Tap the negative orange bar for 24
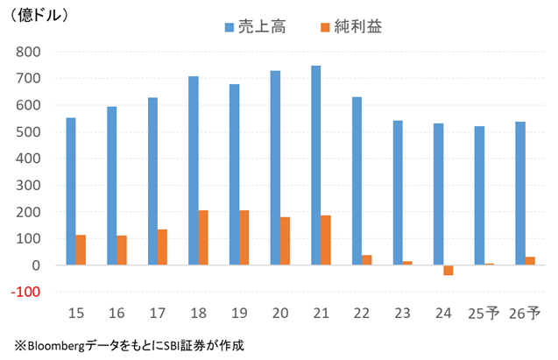pyautogui.click(x=449, y=270)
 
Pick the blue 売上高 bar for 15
pyautogui.click(x=71, y=191)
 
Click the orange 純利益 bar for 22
pyautogui.click(x=367, y=260)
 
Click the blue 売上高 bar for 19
pyautogui.click(x=234, y=174)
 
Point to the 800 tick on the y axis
pyautogui.click(x=30, y=52)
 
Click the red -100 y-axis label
pyautogui.click(x=27, y=292)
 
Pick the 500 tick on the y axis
pyautogui.click(x=30, y=131)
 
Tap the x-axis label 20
pyautogui.click(x=279, y=312)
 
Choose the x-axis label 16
pyautogui.click(x=117, y=312)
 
